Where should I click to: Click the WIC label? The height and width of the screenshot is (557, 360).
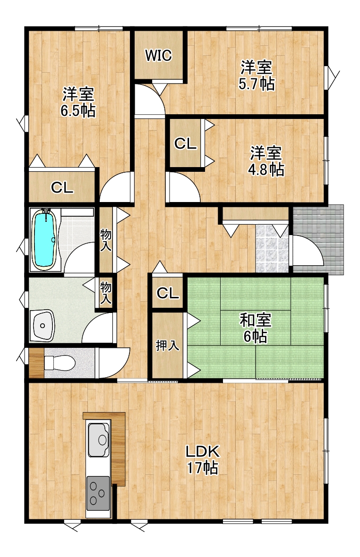pyautogui.click(x=158, y=55)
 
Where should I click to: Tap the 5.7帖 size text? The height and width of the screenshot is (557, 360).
pyautogui.click(x=256, y=84)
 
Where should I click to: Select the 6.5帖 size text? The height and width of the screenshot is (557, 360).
pyautogui.click(x=78, y=111)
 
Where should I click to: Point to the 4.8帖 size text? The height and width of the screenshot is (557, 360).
pyautogui.click(x=266, y=169)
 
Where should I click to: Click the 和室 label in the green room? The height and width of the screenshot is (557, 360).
pyautogui.click(x=256, y=320)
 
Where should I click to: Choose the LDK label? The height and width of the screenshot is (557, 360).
pyautogui.click(x=203, y=451)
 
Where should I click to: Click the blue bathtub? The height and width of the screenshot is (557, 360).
pyautogui.click(x=44, y=240)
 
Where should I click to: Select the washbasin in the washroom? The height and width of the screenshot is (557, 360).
pyautogui.click(x=43, y=325)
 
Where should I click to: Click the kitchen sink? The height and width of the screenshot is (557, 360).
pyautogui.click(x=99, y=440)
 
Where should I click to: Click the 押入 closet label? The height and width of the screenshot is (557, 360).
pyautogui.click(x=167, y=345)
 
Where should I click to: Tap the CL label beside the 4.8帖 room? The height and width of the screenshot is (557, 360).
pyautogui.click(x=185, y=143)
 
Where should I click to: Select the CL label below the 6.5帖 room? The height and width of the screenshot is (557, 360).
pyautogui.click(x=62, y=187)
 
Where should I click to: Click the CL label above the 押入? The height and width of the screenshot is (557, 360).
pyautogui.click(x=168, y=294)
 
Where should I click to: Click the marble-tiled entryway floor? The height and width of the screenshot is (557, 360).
pyautogui.click(x=272, y=249)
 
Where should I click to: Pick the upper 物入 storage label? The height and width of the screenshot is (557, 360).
pyautogui.click(x=105, y=240)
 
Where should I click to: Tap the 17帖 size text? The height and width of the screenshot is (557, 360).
pyautogui.click(x=203, y=467)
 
